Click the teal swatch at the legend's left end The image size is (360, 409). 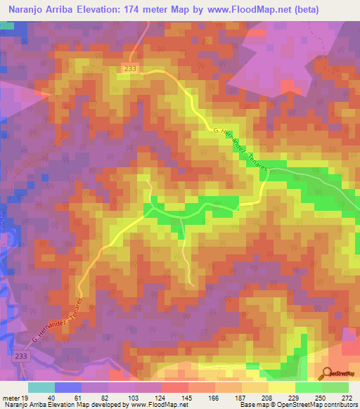tap(41, 387)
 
